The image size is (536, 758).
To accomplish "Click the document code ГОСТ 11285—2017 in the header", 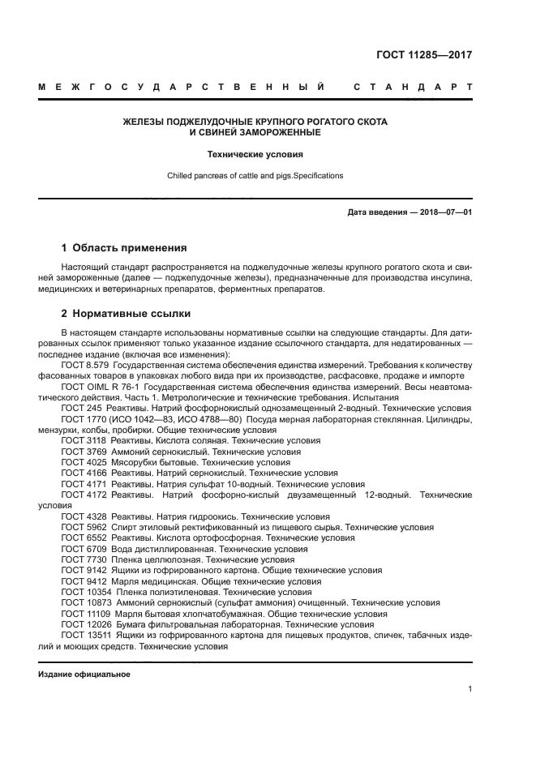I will click(424, 55).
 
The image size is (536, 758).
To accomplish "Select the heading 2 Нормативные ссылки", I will click(126, 313).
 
